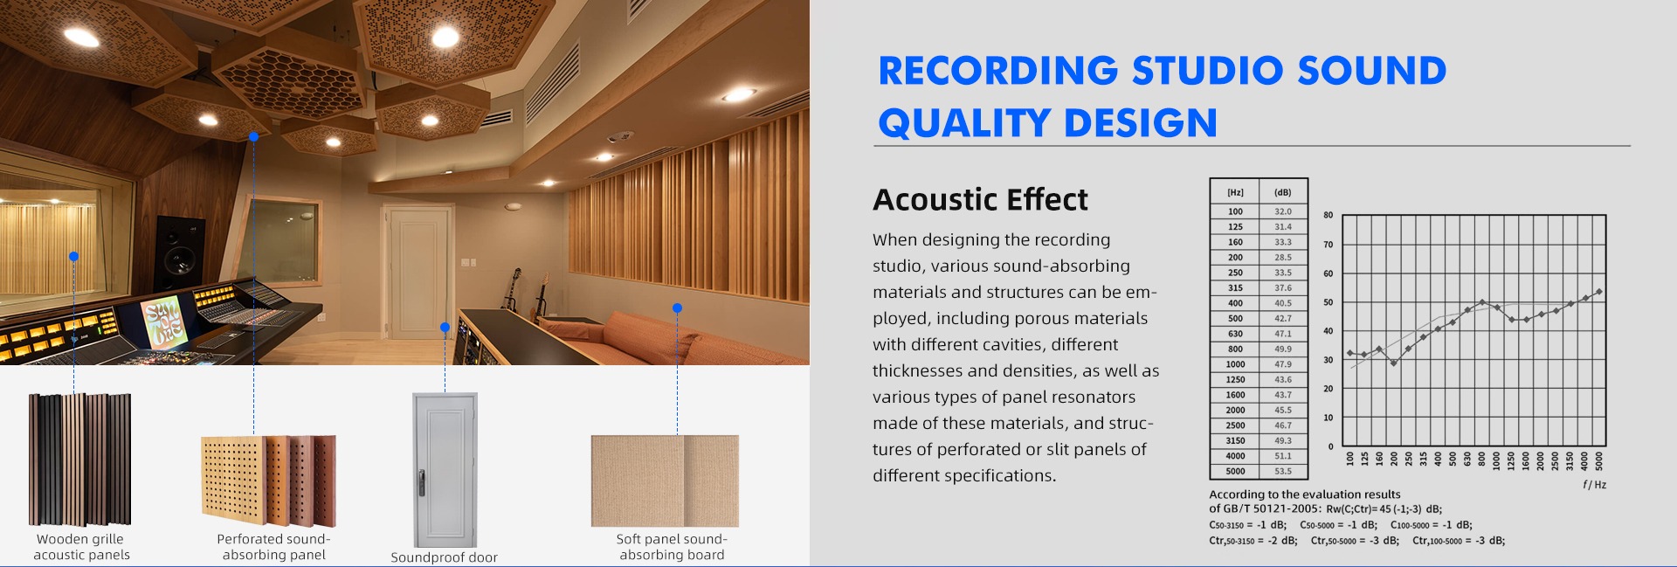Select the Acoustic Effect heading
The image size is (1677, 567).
pyautogui.click(x=980, y=199)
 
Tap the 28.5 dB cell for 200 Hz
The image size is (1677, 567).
pyautogui.click(x=1282, y=257)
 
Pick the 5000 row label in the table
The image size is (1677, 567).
pyautogui.click(x=1235, y=471)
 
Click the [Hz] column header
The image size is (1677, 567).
pyautogui.click(x=1235, y=192)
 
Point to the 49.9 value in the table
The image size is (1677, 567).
pyautogui.click(x=1282, y=349)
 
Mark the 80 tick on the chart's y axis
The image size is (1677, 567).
pyautogui.click(x=1328, y=215)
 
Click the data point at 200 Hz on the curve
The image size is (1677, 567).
pyautogui.click(x=1394, y=363)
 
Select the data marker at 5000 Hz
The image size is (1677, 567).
pyautogui.click(x=1598, y=292)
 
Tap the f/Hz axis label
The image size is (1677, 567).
pyautogui.click(x=1594, y=484)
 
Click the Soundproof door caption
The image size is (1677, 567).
pyautogui.click(x=444, y=557)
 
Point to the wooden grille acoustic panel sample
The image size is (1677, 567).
pyautogui.click(x=80, y=460)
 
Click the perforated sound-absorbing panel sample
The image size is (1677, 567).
pyautogui.click(x=268, y=475)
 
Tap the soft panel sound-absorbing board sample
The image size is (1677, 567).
pyautogui.click(x=665, y=481)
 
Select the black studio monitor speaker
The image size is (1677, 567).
pyautogui.click(x=181, y=254)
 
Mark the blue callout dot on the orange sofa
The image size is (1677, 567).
pyautogui.click(x=677, y=308)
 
